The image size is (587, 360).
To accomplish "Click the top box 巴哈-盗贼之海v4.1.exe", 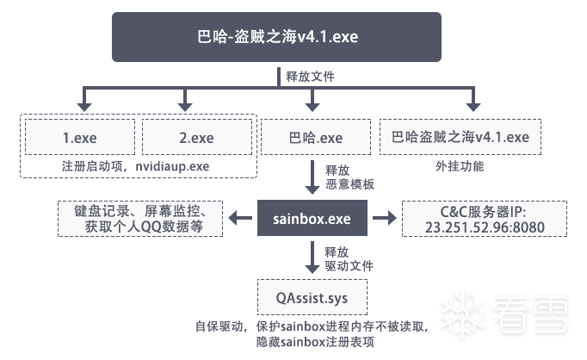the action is (276, 37).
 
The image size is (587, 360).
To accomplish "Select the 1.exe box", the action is (80, 137).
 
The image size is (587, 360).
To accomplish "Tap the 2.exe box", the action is (197, 137).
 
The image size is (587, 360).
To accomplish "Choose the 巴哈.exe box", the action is (316, 137).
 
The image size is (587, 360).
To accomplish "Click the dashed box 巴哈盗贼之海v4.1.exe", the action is (460, 137).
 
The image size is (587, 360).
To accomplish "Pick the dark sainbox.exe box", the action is (312, 218).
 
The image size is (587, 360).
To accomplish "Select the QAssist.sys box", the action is (312, 297).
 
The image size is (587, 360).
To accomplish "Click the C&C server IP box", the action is (485, 219).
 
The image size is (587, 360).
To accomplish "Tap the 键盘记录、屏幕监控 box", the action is (140, 219).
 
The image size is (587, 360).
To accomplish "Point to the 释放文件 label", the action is (311, 77).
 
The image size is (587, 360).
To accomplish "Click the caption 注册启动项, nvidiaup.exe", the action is (135, 166).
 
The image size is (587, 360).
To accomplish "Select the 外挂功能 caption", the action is (460, 166).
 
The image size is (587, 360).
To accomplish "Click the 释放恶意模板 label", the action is (349, 177).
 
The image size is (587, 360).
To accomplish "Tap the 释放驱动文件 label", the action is (349, 259).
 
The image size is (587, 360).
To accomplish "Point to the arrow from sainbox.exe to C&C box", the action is (385, 218).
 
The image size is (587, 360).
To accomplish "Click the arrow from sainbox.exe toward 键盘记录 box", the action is (240, 218).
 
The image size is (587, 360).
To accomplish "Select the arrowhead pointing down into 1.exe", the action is (84, 107).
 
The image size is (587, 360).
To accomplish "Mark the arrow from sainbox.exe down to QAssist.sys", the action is (312, 258).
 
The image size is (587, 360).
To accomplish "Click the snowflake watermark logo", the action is (462, 314).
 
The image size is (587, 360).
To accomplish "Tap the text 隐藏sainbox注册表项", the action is (315, 342).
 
